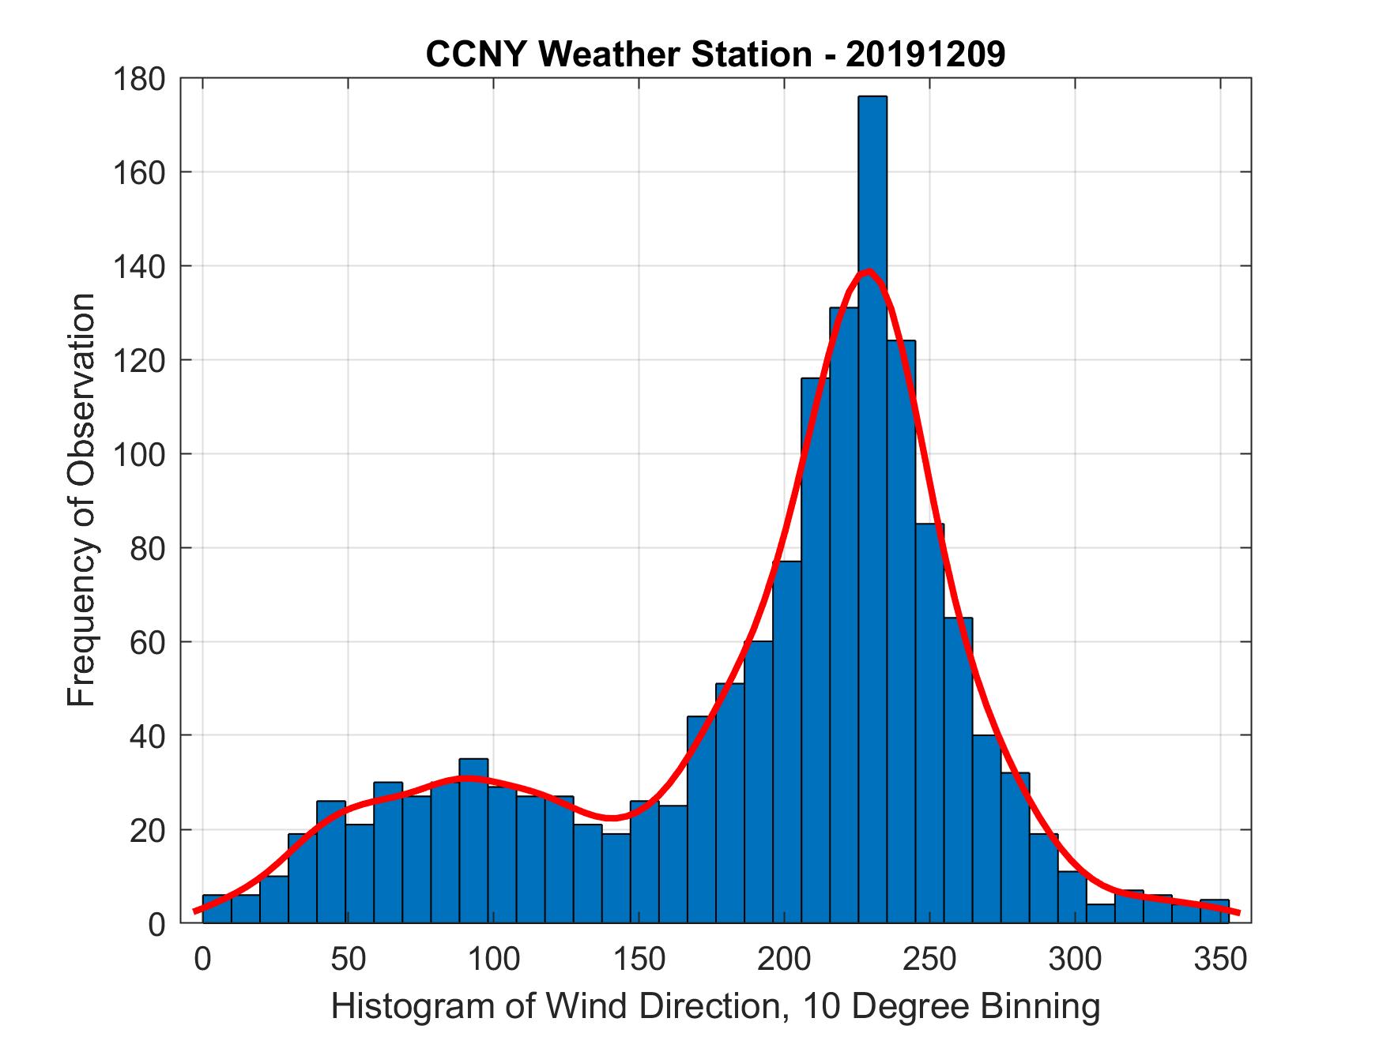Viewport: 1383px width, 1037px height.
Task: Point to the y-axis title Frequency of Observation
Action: tap(81, 499)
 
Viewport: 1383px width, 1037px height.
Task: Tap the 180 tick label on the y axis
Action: tap(139, 79)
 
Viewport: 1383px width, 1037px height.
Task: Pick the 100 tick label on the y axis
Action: tap(139, 454)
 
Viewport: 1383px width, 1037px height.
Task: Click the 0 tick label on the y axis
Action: tap(156, 923)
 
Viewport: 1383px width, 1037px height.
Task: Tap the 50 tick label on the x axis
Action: tap(348, 959)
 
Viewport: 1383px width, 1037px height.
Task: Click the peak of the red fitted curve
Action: tap(869, 271)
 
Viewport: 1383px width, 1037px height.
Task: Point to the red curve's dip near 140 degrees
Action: tap(611, 817)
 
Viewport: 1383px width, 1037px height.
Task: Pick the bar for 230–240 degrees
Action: tap(900, 632)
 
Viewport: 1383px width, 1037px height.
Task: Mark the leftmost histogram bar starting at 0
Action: tap(217, 909)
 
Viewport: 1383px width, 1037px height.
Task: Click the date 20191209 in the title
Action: tap(925, 54)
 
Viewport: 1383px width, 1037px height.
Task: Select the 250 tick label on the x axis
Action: tap(930, 959)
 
